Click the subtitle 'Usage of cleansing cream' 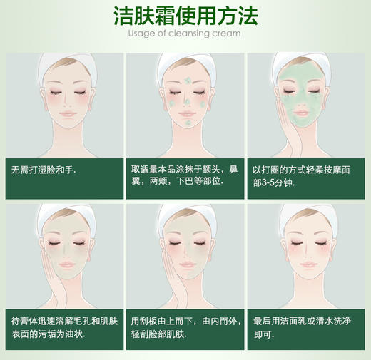coord(185,33)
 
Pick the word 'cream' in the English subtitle coord(226,33)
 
